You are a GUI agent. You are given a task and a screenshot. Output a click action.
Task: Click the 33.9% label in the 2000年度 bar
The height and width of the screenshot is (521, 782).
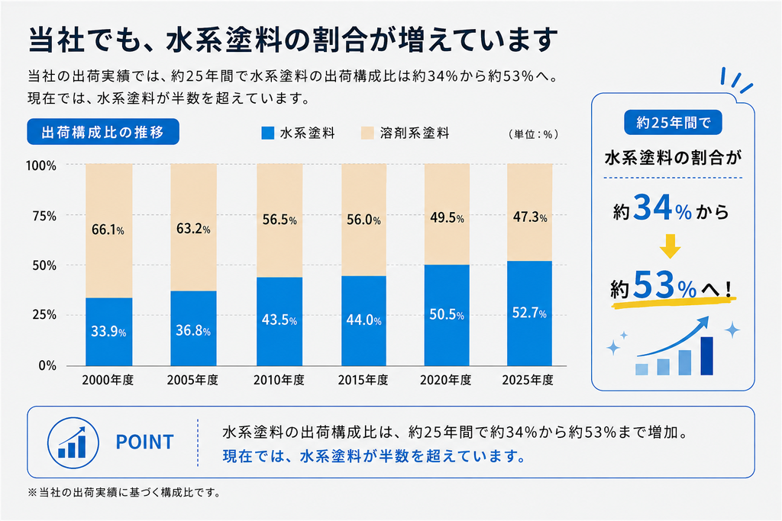pyautogui.click(x=108, y=331)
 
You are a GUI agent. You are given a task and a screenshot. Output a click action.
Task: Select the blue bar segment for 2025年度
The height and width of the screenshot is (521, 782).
pyautogui.click(x=530, y=314)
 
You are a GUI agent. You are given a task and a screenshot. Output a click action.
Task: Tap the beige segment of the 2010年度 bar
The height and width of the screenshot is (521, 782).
pyautogui.click(x=280, y=220)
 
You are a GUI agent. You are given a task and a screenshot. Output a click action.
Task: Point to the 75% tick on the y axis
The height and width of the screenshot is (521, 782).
pyautogui.click(x=44, y=216)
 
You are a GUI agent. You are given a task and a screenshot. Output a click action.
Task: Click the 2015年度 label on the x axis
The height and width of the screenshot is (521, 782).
pyautogui.click(x=363, y=380)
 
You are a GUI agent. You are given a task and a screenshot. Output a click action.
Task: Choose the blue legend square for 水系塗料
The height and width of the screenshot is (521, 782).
pyautogui.click(x=268, y=133)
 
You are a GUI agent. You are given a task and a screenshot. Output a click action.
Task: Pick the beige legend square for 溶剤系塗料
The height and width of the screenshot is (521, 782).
pyautogui.click(x=367, y=133)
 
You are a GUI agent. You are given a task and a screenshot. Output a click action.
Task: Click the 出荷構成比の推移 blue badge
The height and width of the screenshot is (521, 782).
pyautogui.click(x=103, y=132)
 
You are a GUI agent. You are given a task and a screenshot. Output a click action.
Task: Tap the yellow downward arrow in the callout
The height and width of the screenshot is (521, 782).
pyautogui.click(x=670, y=246)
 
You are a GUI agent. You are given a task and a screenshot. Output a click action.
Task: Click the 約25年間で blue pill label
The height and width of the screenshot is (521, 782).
pyautogui.click(x=673, y=123)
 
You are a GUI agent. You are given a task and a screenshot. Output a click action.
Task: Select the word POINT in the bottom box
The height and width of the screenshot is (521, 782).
pyautogui.click(x=144, y=442)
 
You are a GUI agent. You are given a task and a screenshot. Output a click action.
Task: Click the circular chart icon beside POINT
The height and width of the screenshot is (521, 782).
pyautogui.click(x=73, y=442)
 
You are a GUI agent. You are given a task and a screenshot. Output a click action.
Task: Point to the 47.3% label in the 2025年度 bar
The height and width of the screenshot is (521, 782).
pyautogui.click(x=530, y=217)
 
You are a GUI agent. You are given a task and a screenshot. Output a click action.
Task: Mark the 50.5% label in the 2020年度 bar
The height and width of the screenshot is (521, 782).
pyautogui.click(x=446, y=314)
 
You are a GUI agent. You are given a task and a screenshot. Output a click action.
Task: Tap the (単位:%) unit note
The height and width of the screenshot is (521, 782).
pyautogui.click(x=533, y=134)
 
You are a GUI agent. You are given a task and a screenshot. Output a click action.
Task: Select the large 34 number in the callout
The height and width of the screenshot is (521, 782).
pyautogui.click(x=653, y=207)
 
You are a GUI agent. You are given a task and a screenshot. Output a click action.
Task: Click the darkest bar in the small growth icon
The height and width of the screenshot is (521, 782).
pyautogui.click(x=706, y=355)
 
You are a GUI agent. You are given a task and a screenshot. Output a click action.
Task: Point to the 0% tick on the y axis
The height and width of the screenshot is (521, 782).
pyautogui.click(x=47, y=366)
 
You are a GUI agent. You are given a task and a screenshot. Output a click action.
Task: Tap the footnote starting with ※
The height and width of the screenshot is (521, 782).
pyautogui.click(x=124, y=493)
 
